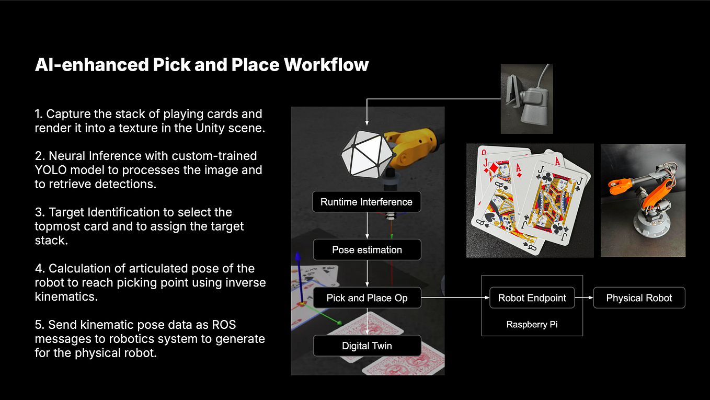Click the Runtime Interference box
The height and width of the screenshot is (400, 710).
367,202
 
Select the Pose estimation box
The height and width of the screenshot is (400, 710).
367,249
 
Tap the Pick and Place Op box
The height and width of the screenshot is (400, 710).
367,298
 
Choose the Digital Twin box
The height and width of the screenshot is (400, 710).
367,346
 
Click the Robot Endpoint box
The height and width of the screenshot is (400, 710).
532,298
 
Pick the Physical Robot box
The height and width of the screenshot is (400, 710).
639,298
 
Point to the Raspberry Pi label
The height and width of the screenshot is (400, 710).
532,324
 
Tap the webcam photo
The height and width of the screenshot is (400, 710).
526,99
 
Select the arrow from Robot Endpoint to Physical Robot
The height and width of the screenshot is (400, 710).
584,298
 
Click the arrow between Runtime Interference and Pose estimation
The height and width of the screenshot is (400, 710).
367,226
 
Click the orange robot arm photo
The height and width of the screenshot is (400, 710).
643,201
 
